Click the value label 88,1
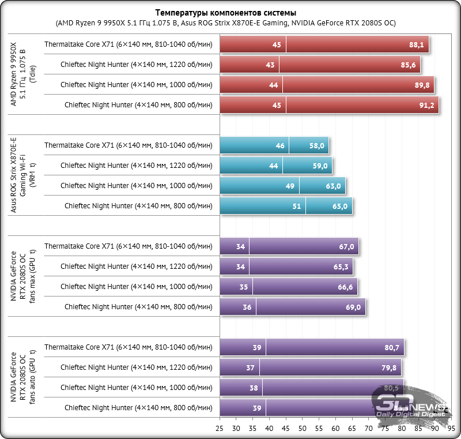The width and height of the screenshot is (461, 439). point(417,44)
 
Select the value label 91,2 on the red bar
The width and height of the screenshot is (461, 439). point(426,105)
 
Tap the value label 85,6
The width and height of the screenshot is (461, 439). point(408,65)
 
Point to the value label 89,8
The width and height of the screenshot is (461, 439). point(422,85)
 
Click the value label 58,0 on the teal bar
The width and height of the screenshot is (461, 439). point(318,146)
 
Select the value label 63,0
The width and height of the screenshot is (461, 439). point(334,186)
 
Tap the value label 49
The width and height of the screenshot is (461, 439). point(290,186)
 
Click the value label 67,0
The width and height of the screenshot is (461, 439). point(346,247)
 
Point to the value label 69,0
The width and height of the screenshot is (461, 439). point(353,307)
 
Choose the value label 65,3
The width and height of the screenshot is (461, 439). point(341,267)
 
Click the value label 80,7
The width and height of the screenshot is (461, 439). point(392,348)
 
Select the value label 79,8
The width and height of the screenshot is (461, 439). point(389,368)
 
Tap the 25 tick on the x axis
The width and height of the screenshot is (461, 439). point(220,429)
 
